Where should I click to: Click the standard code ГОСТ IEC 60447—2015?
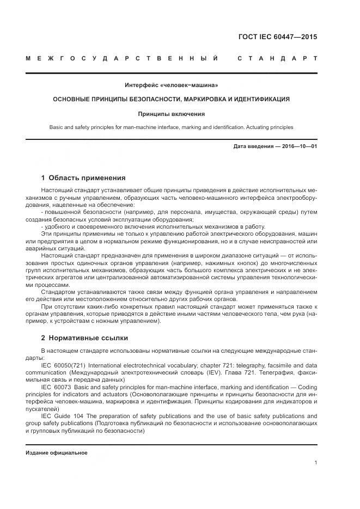[x=277, y=38]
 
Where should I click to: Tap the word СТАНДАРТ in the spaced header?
[x=278, y=58]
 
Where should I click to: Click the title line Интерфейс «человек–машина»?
[x=171, y=85]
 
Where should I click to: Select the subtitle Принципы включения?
[x=171, y=114]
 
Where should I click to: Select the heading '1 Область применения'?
[x=83, y=178]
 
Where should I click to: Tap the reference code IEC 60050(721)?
[x=63, y=365]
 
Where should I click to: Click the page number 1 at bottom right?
[x=315, y=463]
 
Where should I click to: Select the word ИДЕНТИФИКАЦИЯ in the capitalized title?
[x=260, y=100]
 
